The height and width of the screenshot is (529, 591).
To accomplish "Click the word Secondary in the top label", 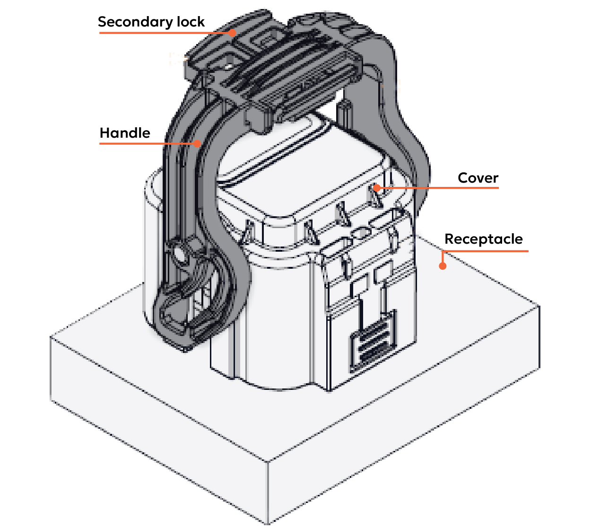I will pos(135,22).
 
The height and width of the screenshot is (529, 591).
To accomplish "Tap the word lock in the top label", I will pos(191,22).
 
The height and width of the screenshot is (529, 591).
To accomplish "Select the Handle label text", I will pos(125,133).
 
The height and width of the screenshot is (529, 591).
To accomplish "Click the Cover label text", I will pos(478,178).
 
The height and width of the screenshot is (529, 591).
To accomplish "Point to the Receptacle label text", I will pos(483,239).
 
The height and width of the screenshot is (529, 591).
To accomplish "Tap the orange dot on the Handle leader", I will pos(197,143).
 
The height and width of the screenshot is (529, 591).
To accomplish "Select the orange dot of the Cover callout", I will pos(377,188).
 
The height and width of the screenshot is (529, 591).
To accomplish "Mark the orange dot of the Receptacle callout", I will pos(443,266).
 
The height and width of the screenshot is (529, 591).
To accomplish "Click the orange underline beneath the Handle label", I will pos(147,143).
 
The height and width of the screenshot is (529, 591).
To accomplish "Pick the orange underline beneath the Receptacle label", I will pos(485,251).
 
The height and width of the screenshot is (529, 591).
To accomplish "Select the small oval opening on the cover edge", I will pos(362,233).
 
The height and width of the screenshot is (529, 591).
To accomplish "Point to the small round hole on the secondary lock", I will pos(229,67).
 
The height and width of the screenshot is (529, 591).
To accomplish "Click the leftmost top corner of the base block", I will pos(51,337).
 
